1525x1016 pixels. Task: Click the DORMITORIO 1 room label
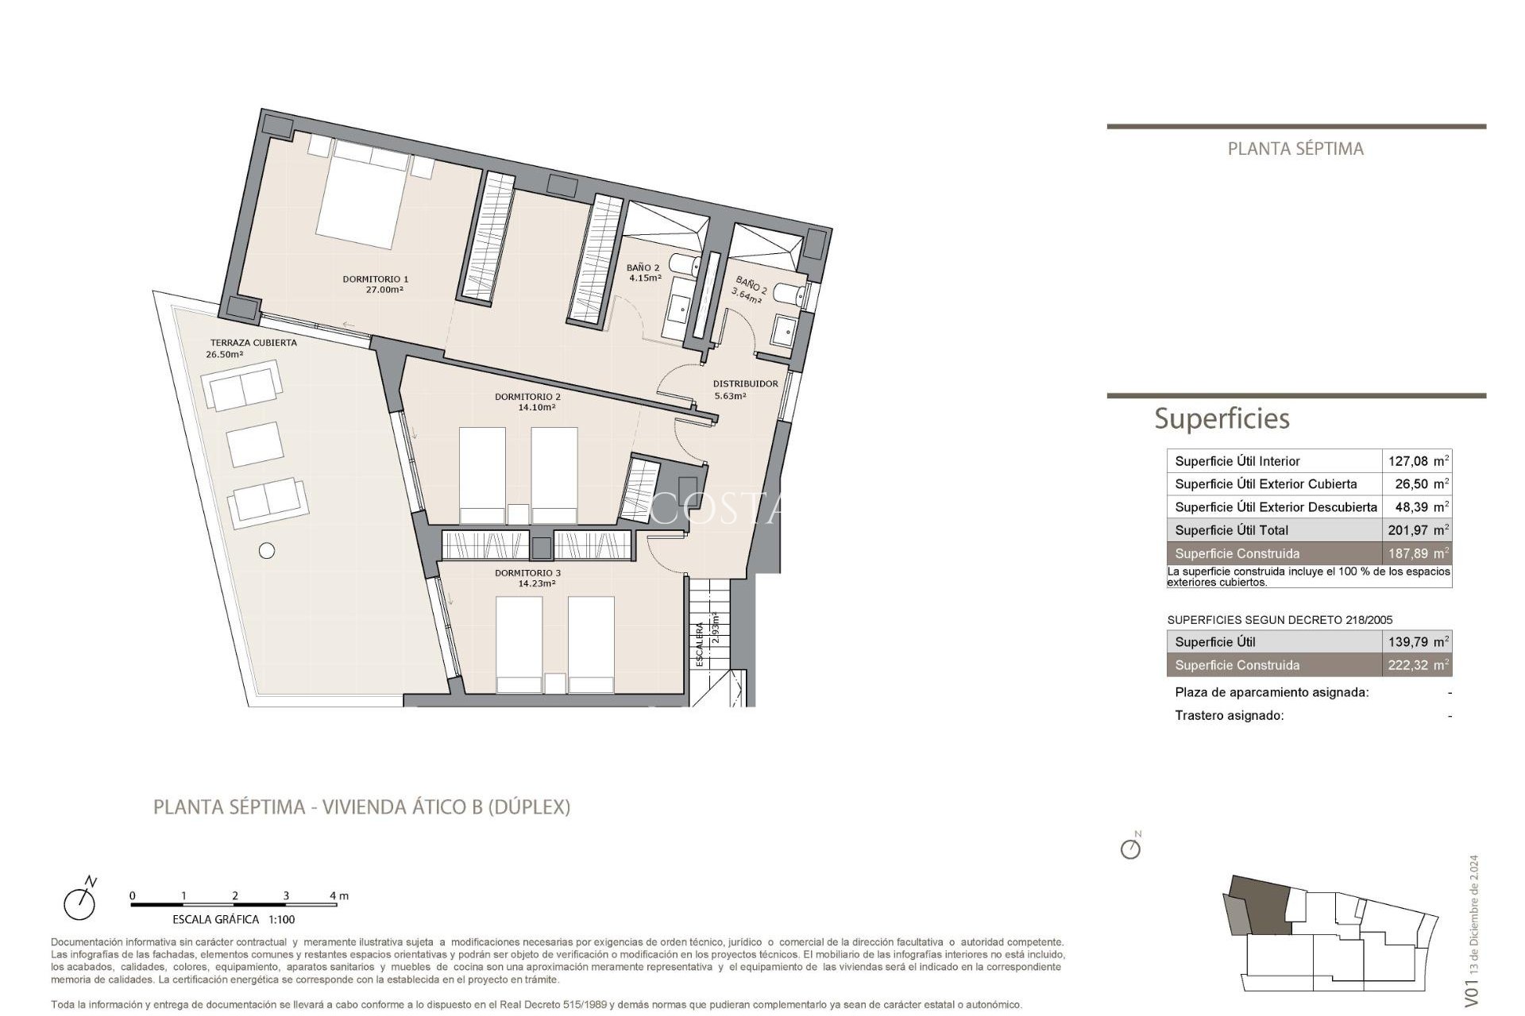pos(375,279)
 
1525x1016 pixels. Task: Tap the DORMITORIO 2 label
pos(527,397)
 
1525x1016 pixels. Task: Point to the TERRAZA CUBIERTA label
pos(253,343)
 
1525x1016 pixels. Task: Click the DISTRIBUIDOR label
pos(745,383)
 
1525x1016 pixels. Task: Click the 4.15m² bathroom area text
pos(645,279)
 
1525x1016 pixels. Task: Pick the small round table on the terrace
pos(267,550)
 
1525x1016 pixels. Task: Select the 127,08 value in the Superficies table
pos(1407,461)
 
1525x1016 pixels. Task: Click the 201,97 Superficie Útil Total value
pos(1407,530)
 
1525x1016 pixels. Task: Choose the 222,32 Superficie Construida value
pos(1407,665)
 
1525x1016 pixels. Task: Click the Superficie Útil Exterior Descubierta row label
pos(1276,507)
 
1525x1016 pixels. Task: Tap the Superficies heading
pos(1222,418)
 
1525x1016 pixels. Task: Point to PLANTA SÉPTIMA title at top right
pos(1295,148)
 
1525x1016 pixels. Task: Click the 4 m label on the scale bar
pos(339,895)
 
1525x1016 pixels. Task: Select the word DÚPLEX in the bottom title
pos(528,807)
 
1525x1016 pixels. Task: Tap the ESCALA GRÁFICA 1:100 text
pos(234,920)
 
